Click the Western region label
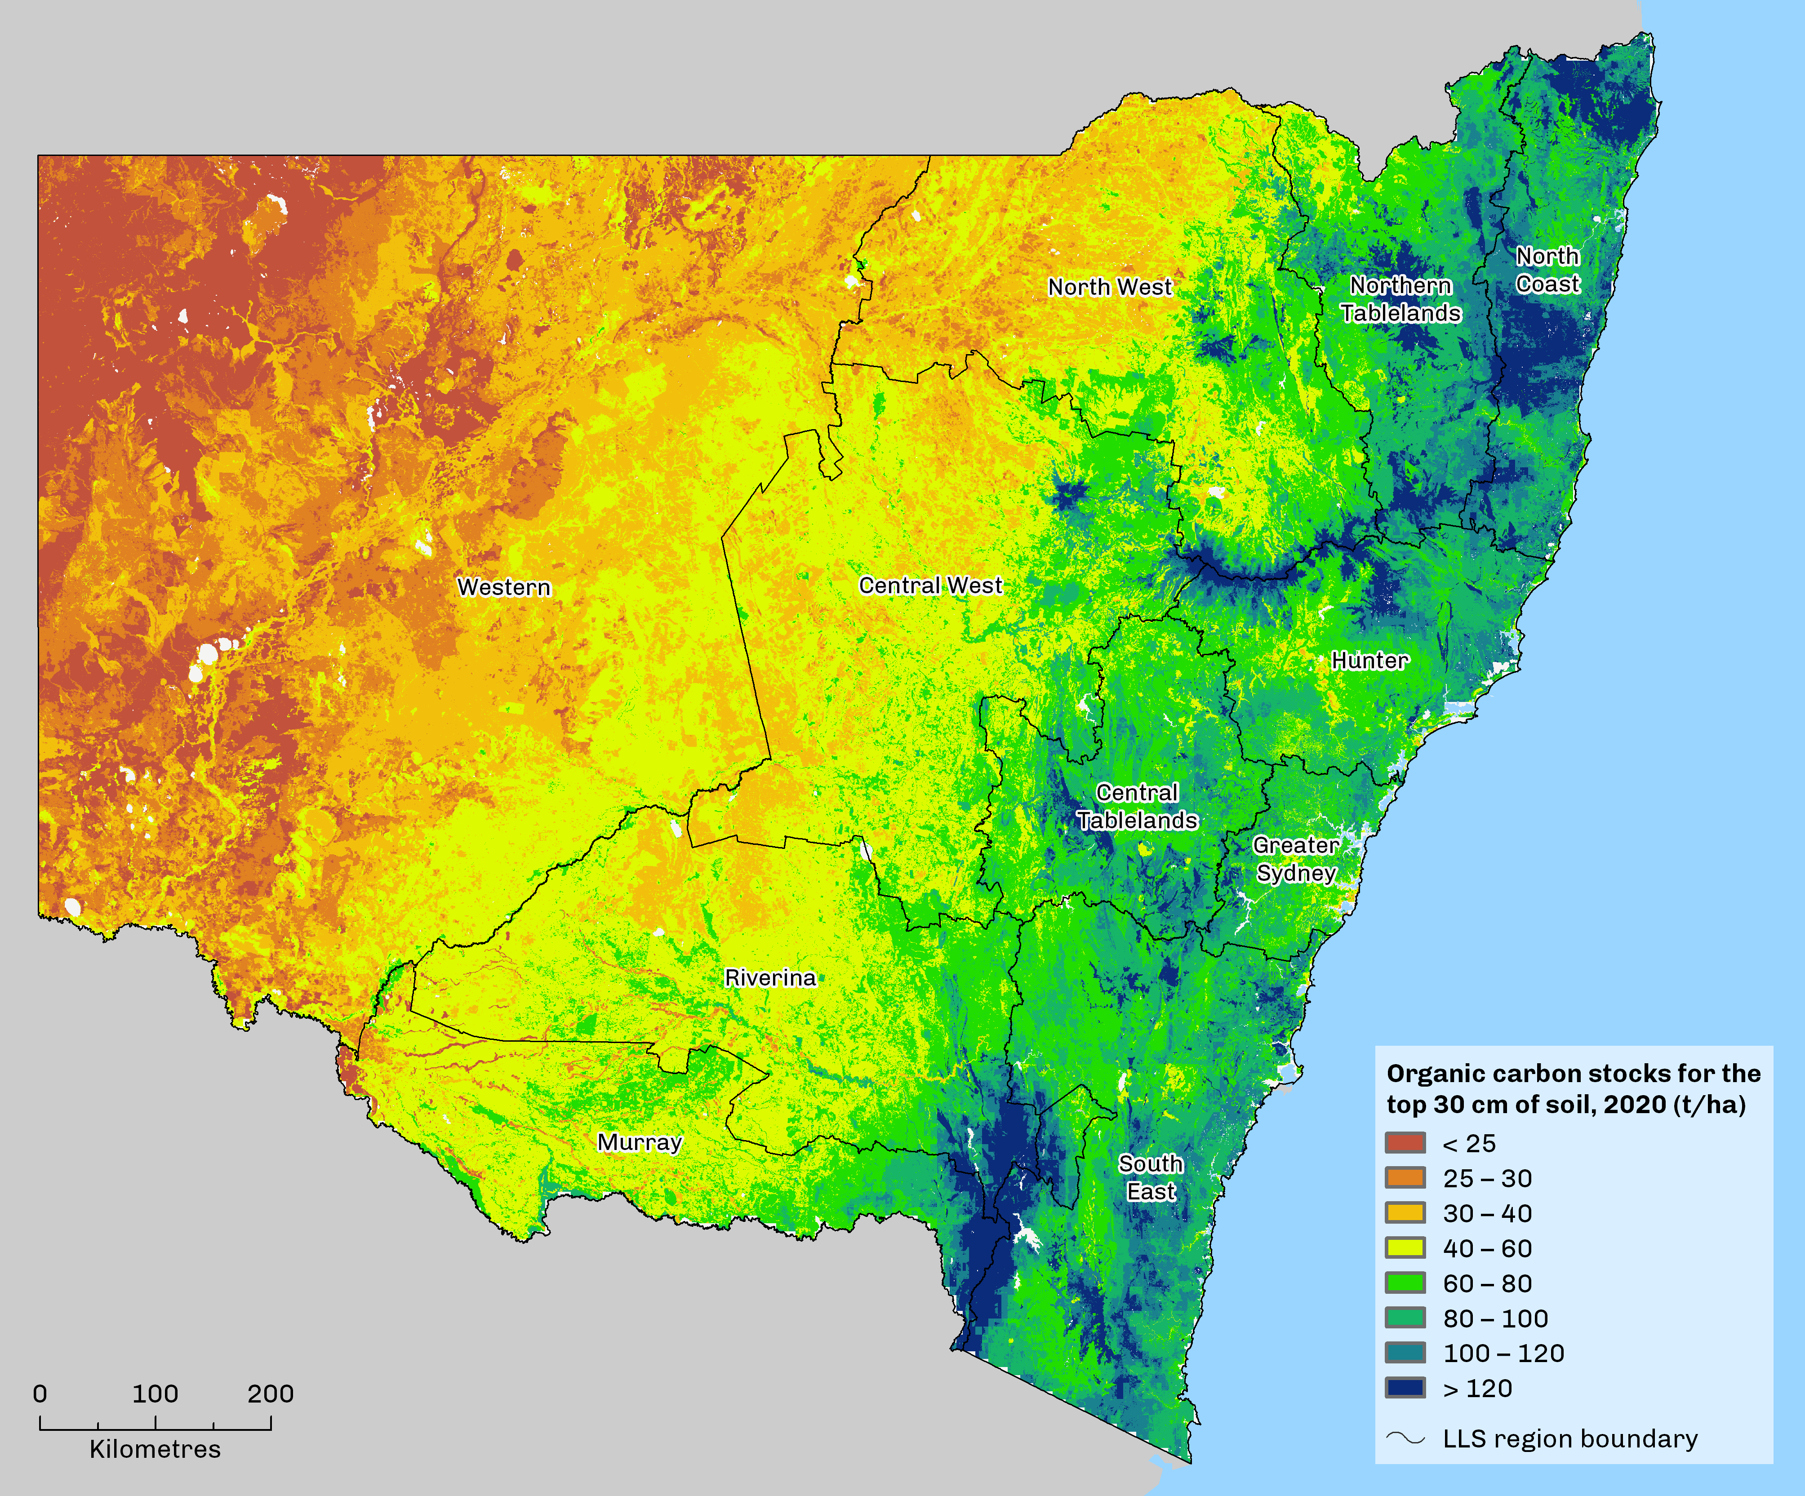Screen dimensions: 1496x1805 coord(504,588)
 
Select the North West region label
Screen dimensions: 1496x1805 coord(1110,287)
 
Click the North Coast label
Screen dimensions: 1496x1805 coord(1547,270)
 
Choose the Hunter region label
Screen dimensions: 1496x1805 coord(1370,661)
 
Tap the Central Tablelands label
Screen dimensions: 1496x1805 coord(1137,807)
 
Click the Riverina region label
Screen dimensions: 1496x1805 coord(770,978)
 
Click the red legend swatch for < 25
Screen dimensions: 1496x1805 coord(1405,1143)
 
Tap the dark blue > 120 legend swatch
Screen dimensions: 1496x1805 coord(1405,1388)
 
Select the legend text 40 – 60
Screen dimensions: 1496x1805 coord(1487,1248)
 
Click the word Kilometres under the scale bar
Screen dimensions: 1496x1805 coord(155,1450)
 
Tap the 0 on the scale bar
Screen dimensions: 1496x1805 coord(40,1394)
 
